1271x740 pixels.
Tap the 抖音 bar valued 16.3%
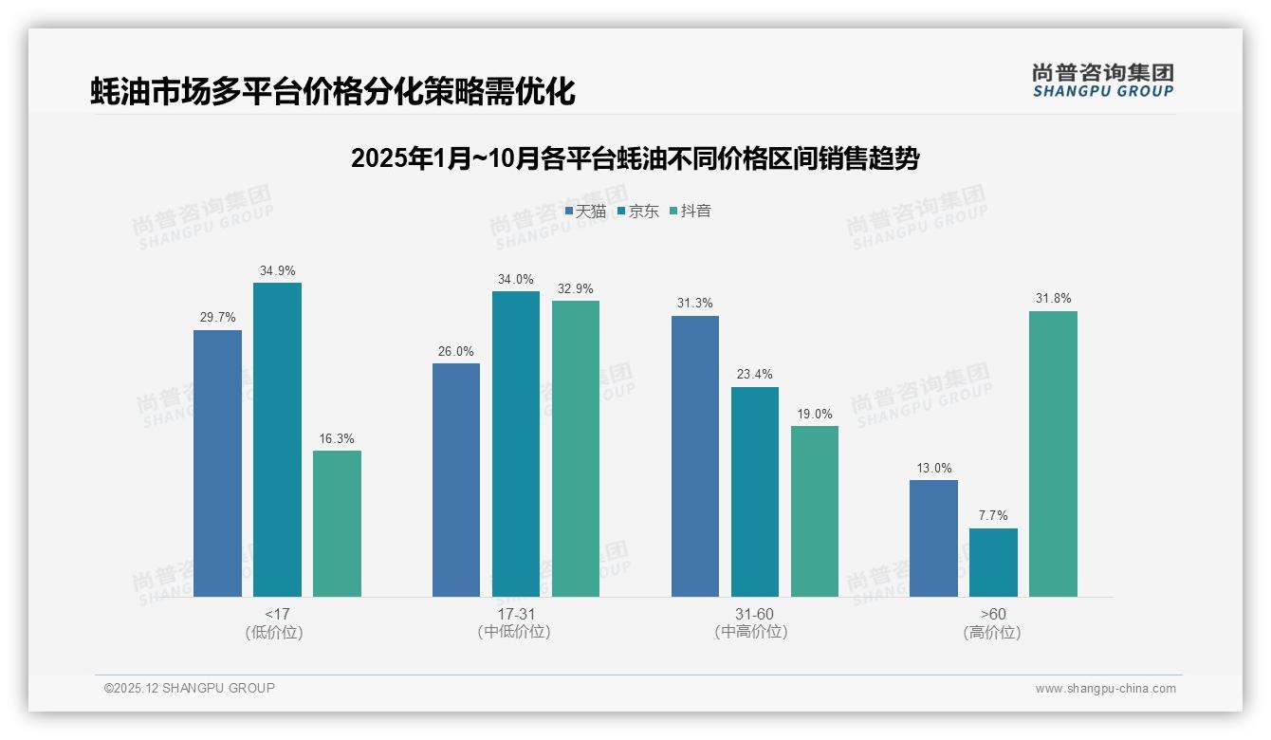[x=337, y=524]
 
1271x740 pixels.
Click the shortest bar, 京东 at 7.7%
[x=993, y=563]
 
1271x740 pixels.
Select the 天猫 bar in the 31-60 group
[x=695, y=456]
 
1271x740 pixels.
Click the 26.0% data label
[x=455, y=351]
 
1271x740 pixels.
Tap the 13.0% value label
[x=933, y=468]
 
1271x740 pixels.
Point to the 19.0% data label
[x=815, y=414]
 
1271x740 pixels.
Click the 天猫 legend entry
[x=585, y=211]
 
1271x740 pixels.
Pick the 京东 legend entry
[x=637, y=211]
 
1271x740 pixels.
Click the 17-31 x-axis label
[x=515, y=614]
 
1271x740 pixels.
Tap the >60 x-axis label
[x=993, y=614]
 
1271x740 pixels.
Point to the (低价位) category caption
[x=275, y=632]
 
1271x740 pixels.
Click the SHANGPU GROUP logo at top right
[x=1102, y=80]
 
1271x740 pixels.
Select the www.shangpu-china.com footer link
[x=1105, y=688]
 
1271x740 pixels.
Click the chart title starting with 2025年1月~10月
[x=635, y=158]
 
